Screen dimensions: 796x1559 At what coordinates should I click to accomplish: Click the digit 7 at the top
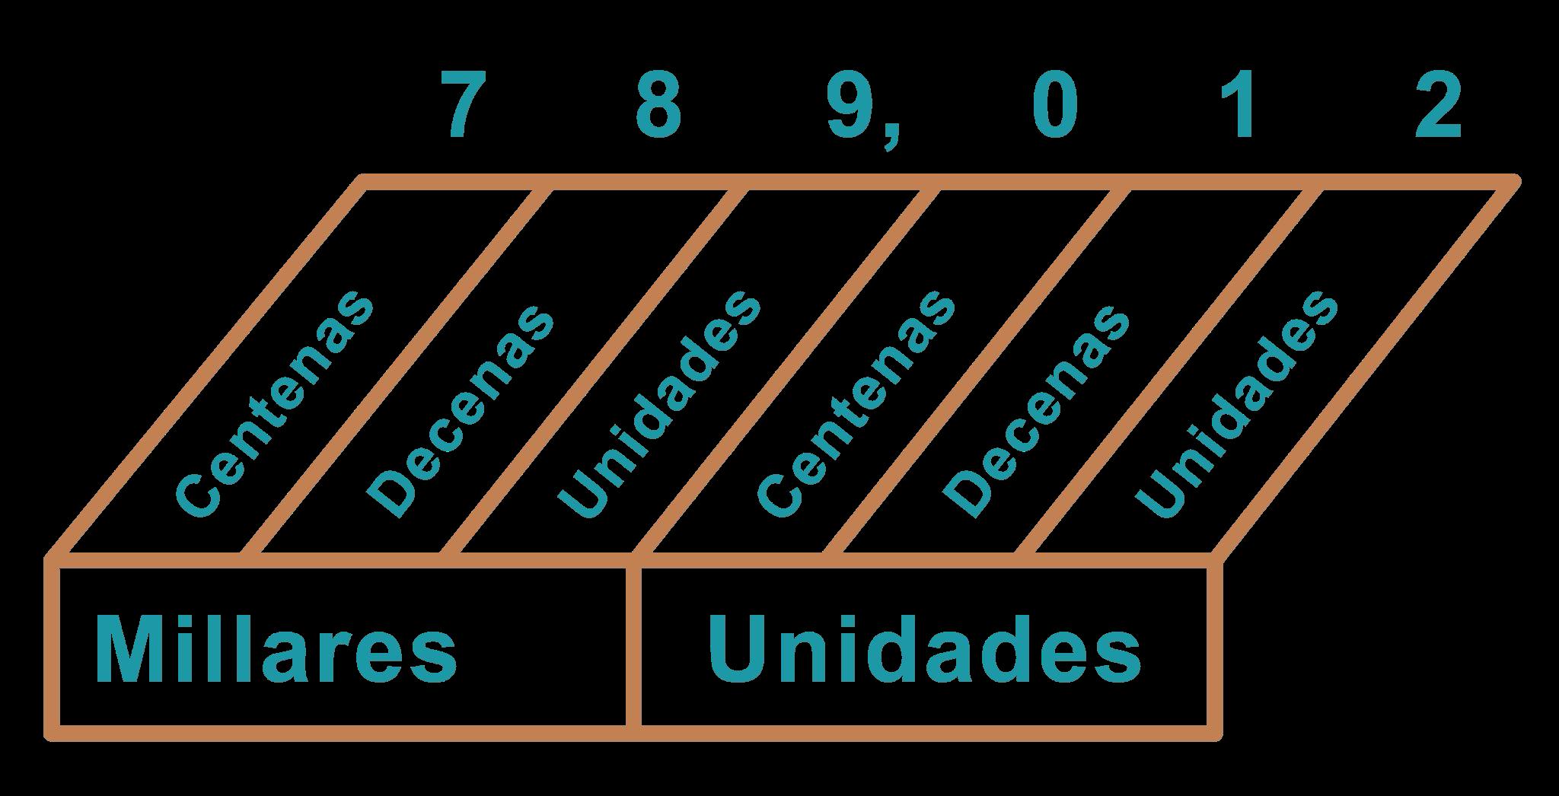coord(464,106)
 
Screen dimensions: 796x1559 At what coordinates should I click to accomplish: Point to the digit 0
coord(1055,106)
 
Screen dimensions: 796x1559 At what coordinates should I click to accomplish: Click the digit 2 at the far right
coord(1438,106)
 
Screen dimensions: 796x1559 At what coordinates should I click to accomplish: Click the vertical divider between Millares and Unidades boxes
coord(633,647)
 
